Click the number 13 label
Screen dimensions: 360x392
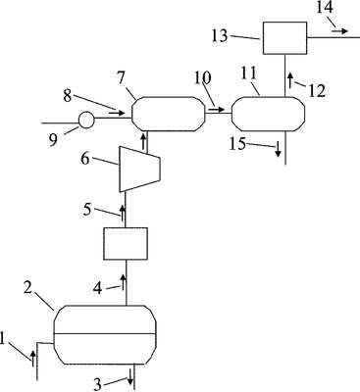(x=220, y=35)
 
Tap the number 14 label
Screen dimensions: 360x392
(x=325, y=7)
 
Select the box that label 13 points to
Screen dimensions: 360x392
(x=285, y=38)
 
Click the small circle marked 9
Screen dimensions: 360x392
(x=86, y=121)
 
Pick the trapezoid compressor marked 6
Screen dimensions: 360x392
(x=139, y=169)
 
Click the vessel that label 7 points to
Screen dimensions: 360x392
(x=169, y=114)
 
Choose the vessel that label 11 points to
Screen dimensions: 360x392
(x=268, y=114)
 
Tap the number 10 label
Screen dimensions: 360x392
(x=202, y=78)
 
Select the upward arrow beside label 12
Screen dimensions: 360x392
(x=290, y=80)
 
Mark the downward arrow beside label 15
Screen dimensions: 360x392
(x=278, y=150)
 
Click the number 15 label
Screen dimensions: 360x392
(x=237, y=144)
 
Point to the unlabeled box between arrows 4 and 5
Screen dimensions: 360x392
(x=126, y=244)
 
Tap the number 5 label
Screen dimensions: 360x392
(x=87, y=210)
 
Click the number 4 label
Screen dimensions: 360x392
(x=98, y=289)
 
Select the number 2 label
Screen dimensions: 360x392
(x=27, y=288)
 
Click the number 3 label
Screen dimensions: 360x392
(x=98, y=384)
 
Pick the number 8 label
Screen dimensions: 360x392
(x=68, y=96)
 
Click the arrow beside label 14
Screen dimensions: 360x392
(x=339, y=31)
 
